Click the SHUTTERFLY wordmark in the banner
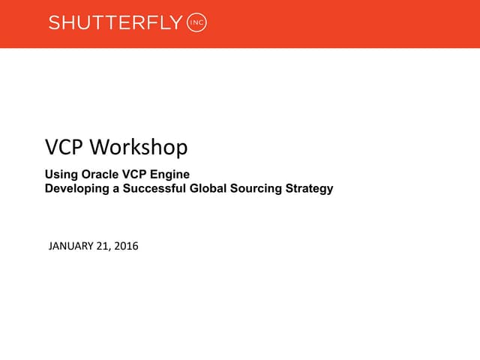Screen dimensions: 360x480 pos(115,23)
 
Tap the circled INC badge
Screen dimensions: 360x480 pos(196,23)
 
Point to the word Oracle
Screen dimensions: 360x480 pos(95,175)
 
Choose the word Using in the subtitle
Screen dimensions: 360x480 pos(60,175)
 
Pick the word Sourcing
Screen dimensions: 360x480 pos(252,188)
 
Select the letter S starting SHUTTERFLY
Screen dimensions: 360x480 pos(54,23)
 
